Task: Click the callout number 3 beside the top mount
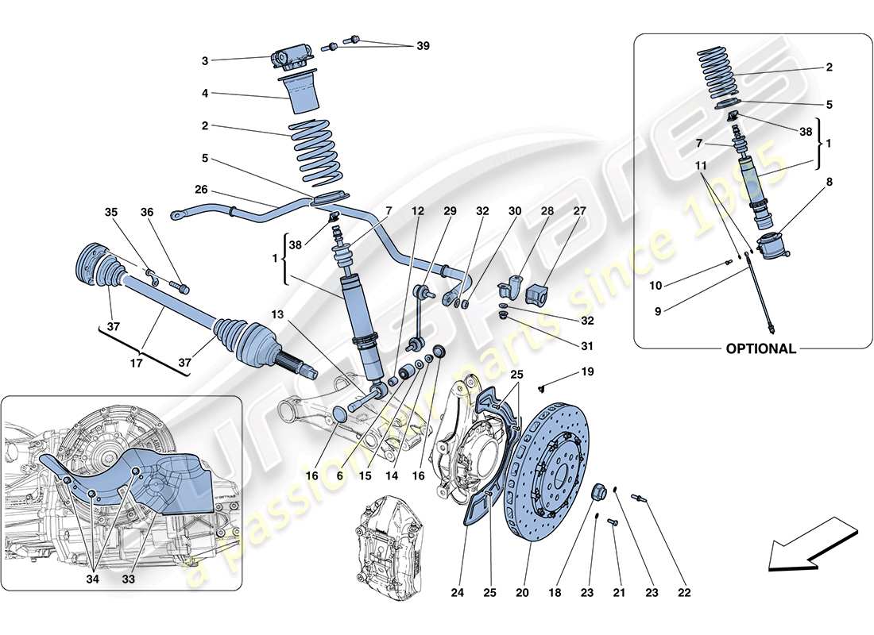click(205, 60)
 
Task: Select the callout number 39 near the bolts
click(422, 46)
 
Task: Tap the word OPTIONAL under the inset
click(760, 348)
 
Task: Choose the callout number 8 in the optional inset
click(829, 182)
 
